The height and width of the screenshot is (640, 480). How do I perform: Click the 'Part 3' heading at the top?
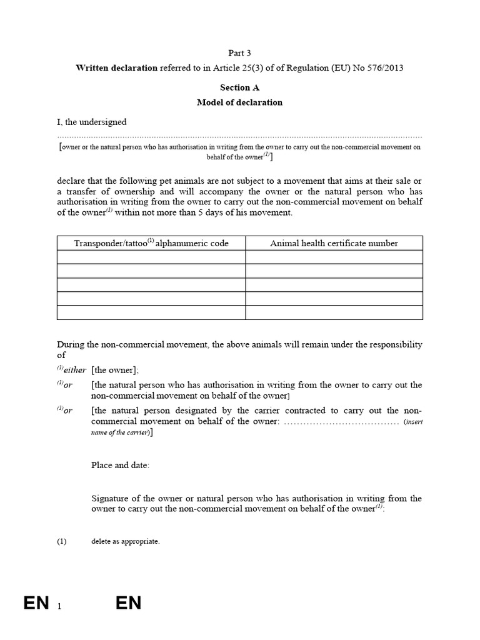pos(239,54)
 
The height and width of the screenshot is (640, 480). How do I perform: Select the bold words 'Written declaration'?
pos(116,68)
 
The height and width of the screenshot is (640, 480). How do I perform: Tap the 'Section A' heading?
pos(239,88)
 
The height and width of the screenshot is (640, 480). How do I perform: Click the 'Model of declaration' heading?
pos(239,102)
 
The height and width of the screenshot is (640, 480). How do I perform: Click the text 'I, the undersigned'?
pos(92,122)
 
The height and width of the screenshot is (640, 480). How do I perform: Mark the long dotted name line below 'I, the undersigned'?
pos(239,136)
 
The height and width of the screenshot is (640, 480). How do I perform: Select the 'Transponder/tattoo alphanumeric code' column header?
pos(151,243)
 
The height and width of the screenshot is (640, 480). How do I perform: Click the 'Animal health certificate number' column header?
pos(334,243)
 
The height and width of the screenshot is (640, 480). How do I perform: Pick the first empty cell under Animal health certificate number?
pos(334,257)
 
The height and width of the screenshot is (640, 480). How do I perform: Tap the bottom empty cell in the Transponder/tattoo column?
pos(151,312)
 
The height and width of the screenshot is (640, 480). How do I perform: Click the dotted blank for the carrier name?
pos(341,422)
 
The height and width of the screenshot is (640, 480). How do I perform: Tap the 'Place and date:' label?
pos(121,466)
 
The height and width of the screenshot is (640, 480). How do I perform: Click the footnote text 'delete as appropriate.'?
pos(125,541)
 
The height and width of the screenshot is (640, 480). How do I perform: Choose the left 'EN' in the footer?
pos(36,603)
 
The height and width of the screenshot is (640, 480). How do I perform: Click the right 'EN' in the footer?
pos(128,603)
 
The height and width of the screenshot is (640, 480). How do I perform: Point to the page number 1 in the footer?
pos(59,606)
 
